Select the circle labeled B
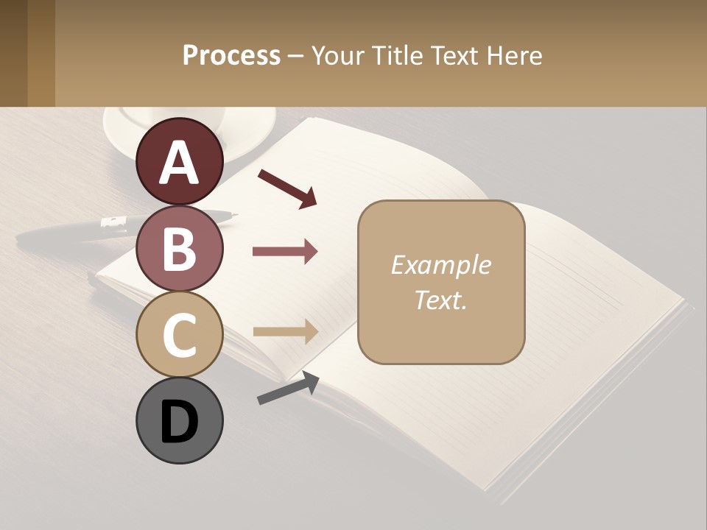pos(180,248)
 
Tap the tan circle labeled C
pos(180,334)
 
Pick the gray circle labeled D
pos(180,420)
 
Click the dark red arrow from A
pos(287,188)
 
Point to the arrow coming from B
pos(285,252)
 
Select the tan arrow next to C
pos(285,332)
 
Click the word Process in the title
pos(231,56)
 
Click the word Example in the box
pos(440,265)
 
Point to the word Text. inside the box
pos(440,300)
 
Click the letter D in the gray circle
pos(180,422)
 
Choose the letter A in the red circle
pos(180,163)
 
